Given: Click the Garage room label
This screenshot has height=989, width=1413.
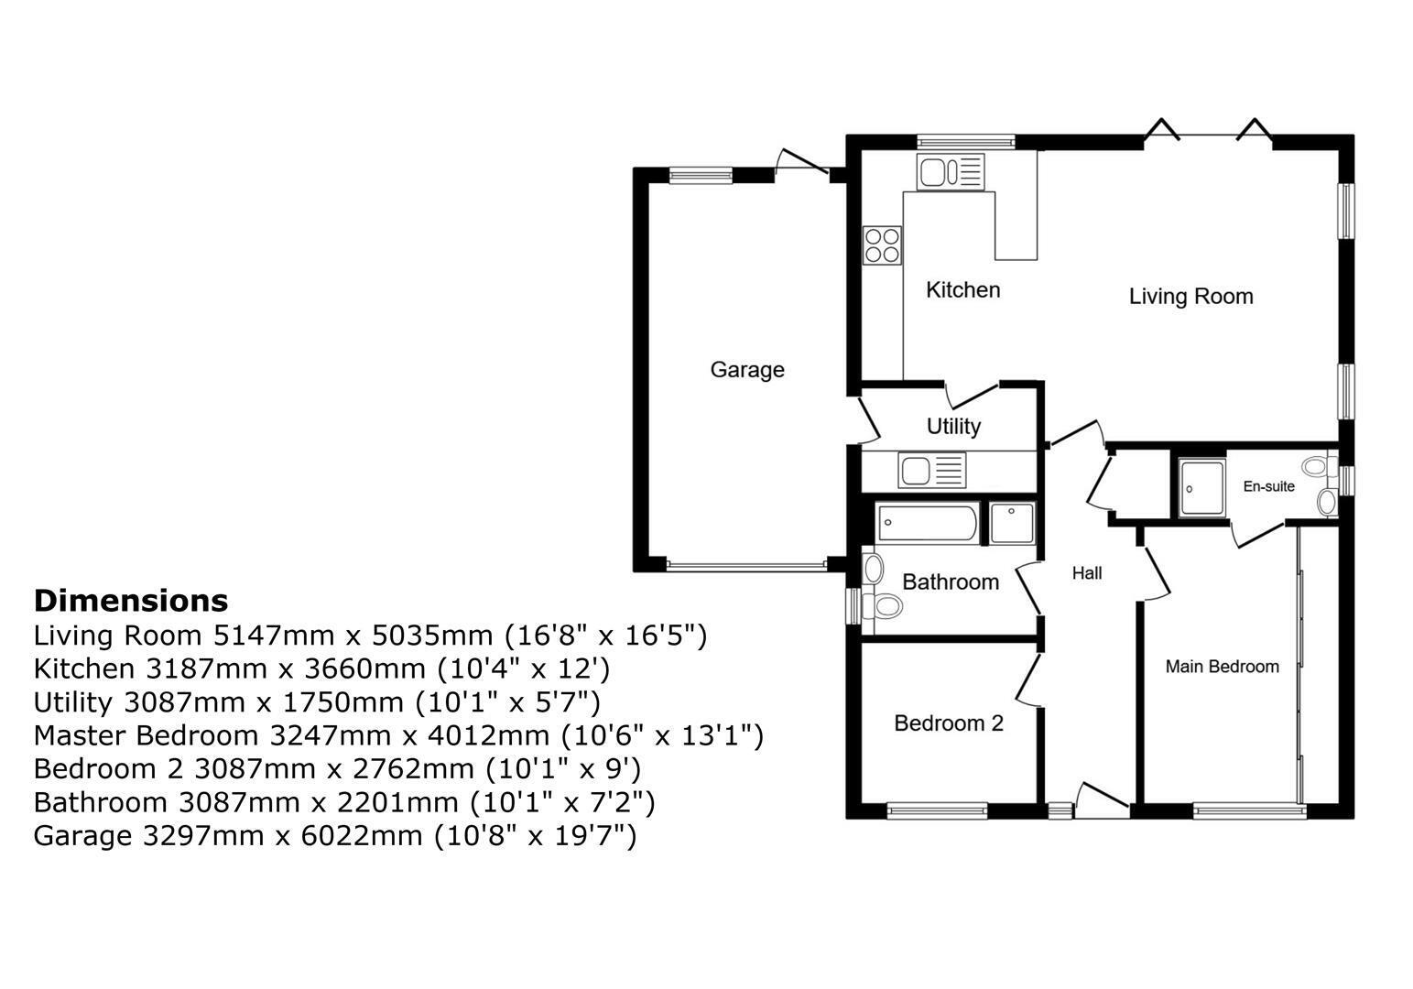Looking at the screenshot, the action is click(x=747, y=370).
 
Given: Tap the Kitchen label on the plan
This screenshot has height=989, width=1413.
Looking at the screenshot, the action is click(x=962, y=290).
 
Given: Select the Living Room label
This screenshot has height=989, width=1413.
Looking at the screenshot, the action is click(x=1190, y=297).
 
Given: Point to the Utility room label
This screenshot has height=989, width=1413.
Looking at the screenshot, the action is click(x=953, y=427).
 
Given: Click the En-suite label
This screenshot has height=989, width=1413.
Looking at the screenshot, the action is click(x=1268, y=486).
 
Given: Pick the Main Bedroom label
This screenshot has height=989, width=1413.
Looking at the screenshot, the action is click(x=1222, y=667).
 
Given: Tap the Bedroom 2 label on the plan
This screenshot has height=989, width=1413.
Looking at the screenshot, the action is click(x=949, y=723).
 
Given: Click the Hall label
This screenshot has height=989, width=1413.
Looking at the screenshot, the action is click(x=1087, y=573).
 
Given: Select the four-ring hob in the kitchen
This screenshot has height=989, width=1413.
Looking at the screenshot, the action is click(x=883, y=245).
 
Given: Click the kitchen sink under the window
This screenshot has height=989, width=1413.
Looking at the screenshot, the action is click(x=951, y=171).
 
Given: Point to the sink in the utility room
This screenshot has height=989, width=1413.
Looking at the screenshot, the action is click(x=932, y=471).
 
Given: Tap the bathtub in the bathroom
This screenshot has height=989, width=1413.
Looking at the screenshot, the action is click(x=928, y=523).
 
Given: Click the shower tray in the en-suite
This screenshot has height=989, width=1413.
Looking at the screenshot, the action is click(x=1201, y=487).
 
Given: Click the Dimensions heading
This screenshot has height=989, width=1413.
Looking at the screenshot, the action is click(x=131, y=601).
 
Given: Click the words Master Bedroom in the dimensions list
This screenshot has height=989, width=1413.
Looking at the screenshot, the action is click(x=146, y=735).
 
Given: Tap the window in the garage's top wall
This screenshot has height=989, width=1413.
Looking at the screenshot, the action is click(x=701, y=174).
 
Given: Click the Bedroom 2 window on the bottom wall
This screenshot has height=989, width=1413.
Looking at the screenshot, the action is click(x=937, y=810).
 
